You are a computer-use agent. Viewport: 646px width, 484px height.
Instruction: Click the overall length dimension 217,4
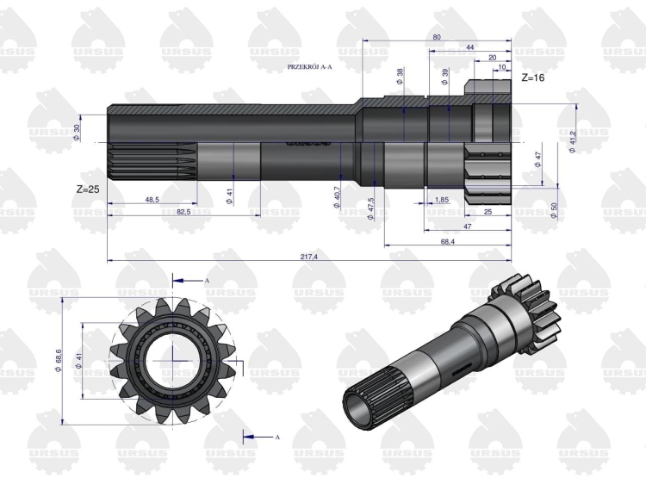point(309,257)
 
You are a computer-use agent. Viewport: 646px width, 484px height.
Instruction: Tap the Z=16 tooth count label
point(532,78)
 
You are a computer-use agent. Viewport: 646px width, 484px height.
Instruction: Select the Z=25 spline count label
point(88,189)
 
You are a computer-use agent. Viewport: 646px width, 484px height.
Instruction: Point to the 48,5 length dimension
point(152,200)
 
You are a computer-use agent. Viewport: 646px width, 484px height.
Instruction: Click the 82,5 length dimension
point(183,212)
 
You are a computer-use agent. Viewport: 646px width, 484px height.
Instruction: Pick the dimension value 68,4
point(447,241)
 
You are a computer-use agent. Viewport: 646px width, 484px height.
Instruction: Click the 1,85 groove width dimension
point(442,200)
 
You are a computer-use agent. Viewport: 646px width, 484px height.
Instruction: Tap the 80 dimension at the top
point(437,37)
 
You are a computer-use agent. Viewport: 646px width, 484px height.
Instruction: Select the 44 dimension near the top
point(470,47)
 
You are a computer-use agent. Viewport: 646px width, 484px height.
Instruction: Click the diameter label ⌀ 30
point(76,133)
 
